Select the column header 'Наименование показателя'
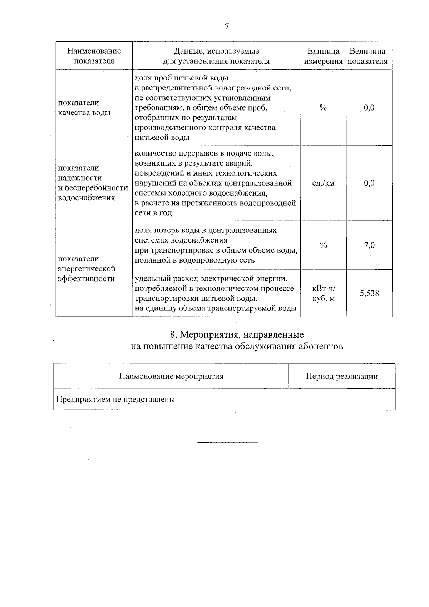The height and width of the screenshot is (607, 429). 94,56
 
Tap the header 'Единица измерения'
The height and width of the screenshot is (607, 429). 323,56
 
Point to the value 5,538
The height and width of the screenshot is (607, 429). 369,294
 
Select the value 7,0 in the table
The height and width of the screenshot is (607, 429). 369,245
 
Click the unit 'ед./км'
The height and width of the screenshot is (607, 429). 323,183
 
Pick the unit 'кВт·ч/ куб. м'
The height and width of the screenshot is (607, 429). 324,293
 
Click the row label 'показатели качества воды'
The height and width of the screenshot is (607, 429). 84,108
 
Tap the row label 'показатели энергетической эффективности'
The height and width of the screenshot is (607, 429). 87,269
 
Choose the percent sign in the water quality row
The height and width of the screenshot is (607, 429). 323,108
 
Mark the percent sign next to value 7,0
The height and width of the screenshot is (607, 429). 324,245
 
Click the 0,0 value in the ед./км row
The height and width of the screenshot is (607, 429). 369,183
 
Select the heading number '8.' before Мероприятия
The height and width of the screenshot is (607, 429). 174,335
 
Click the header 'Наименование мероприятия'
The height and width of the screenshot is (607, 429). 171,376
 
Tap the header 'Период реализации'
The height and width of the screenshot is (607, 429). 342,376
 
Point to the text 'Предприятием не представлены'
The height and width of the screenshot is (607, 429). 115,399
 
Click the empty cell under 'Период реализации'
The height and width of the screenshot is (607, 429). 342,399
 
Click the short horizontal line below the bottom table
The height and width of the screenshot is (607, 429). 228,443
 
